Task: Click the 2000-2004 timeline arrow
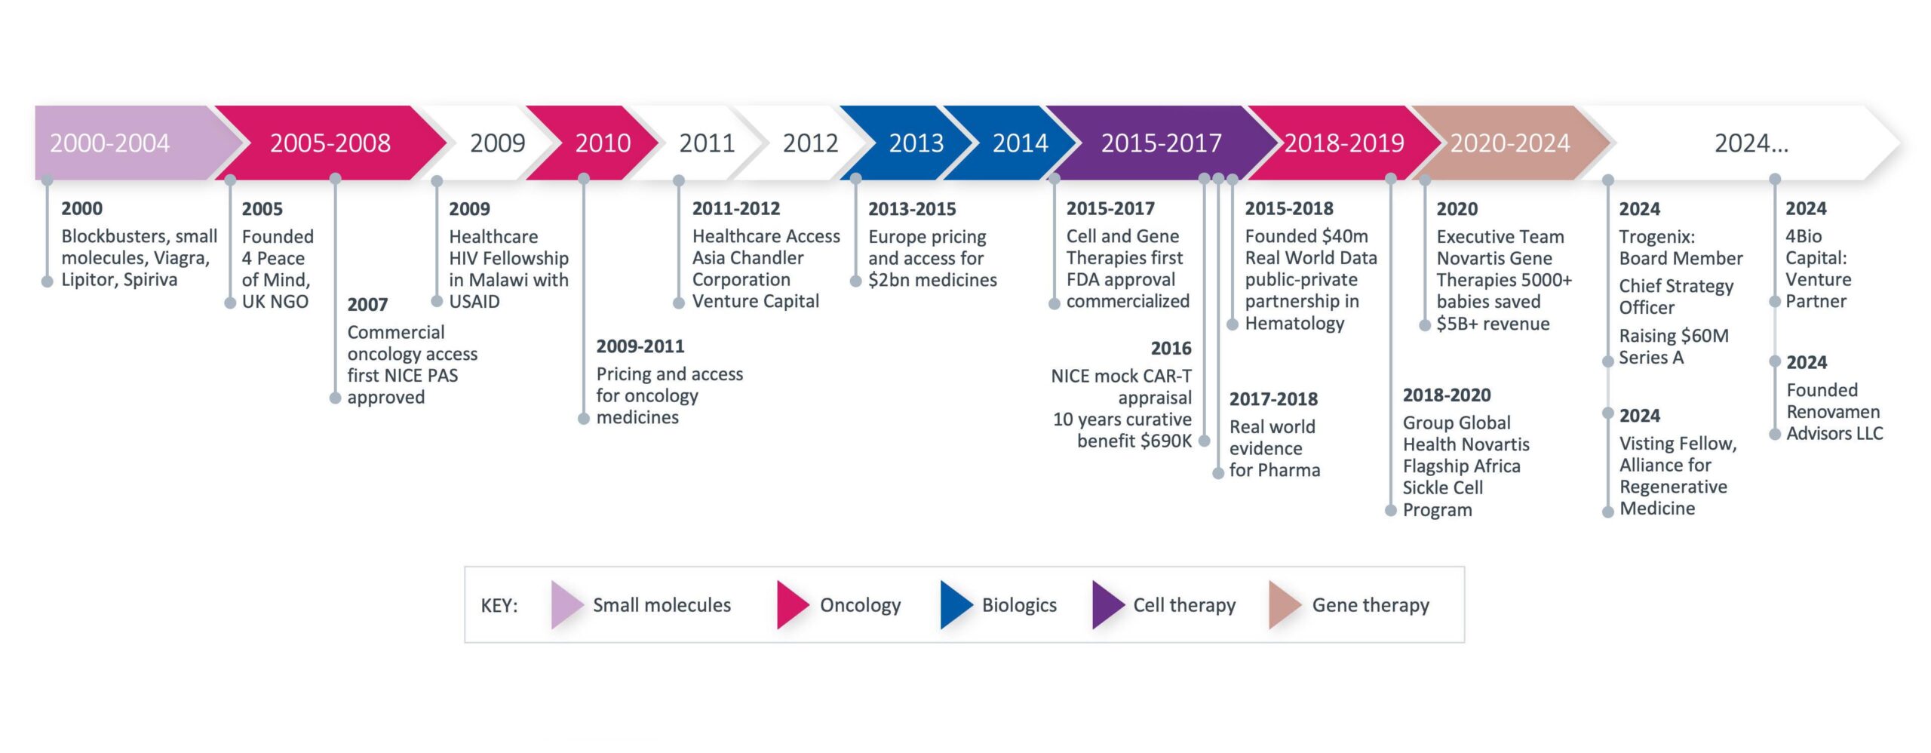(128, 143)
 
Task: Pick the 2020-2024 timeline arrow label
(1510, 143)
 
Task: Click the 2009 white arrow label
(498, 143)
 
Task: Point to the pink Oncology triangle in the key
(793, 604)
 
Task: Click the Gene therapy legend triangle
(1285, 604)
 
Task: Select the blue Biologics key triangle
(956, 604)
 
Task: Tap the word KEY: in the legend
(499, 605)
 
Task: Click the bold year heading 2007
(367, 305)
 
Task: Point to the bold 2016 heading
(1171, 349)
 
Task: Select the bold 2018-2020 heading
(1447, 395)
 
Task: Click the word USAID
(474, 302)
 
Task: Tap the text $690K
(1166, 441)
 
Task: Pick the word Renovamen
(1833, 412)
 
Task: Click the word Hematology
(1294, 324)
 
